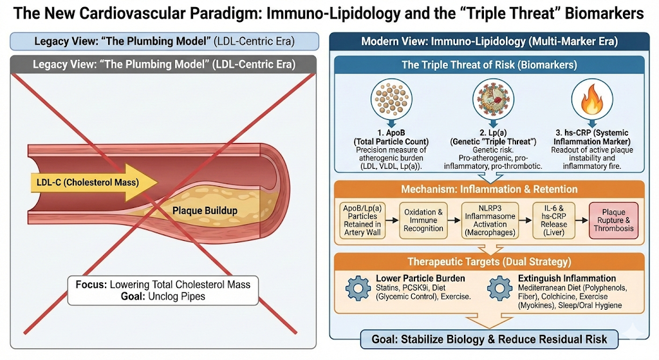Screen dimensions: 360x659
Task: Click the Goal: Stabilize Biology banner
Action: pyautogui.click(x=494, y=339)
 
